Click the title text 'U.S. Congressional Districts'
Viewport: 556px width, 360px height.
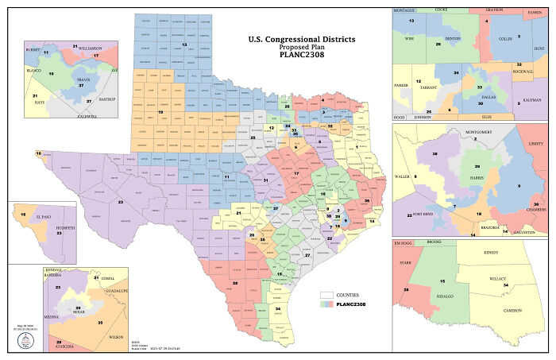point(302,39)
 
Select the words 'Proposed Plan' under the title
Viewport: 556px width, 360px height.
point(302,47)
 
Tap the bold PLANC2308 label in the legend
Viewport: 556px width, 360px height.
point(354,304)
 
